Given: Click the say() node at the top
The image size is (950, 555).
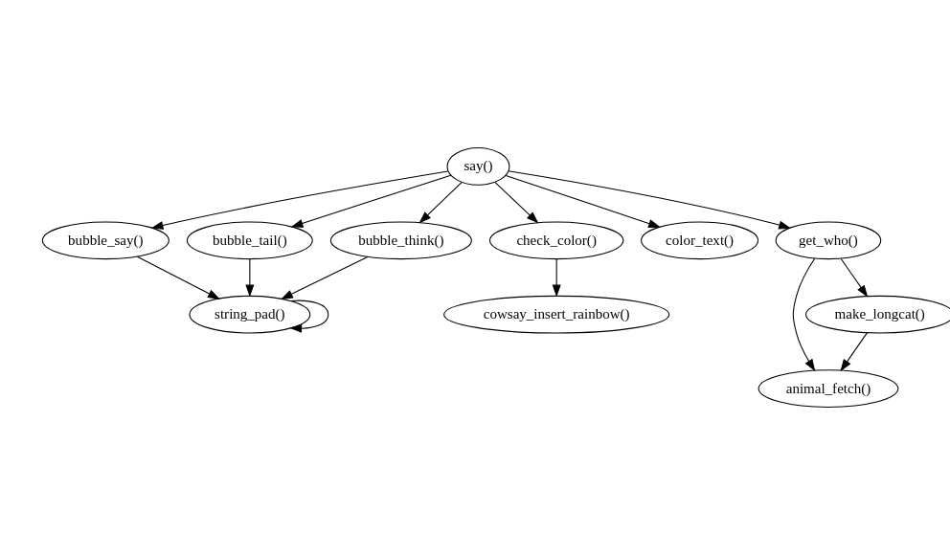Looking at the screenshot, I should click(x=478, y=166).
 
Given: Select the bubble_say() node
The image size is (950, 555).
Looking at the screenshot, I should click(x=105, y=240).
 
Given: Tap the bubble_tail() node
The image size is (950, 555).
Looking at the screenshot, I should click(x=249, y=240).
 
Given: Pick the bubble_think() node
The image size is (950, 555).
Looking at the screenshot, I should click(x=400, y=240).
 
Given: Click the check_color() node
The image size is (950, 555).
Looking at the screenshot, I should click(x=555, y=240).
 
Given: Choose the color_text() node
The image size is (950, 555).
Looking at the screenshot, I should click(x=699, y=240).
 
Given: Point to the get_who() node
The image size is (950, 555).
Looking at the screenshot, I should click(x=827, y=240).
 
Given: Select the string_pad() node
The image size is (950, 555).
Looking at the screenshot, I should click(x=249, y=314).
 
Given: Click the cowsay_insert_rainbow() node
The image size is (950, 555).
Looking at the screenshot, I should click(x=555, y=314).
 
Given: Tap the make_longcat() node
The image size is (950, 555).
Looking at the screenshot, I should click(x=878, y=314).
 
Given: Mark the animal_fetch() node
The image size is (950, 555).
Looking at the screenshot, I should click(x=827, y=388).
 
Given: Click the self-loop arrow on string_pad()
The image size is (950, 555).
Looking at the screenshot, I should click(x=327, y=314).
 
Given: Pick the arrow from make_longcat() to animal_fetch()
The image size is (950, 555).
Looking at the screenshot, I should click(x=854, y=351).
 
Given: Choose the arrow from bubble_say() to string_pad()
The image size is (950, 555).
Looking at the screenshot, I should click(x=178, y=277).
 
